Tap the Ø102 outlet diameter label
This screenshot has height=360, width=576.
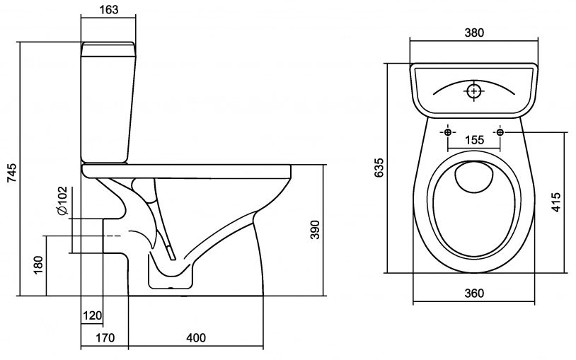[x=62, y=201]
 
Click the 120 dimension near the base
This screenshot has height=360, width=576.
[x=93, y=315]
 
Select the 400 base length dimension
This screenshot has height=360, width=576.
[x=196, y=338]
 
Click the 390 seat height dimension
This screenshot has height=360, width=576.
[x=316, y=231]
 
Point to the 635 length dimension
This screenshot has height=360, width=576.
[x=378, y=168]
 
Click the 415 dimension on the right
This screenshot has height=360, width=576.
[x=556, y=203]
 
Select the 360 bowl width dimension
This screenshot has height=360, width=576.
[x=473, y=294]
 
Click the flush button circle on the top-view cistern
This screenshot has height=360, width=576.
[x=473, y=91]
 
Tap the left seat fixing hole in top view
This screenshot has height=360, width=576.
[x=448, y=132]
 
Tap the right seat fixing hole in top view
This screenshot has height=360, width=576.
[x=500, y=132]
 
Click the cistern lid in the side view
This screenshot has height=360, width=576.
[x=108, y=48]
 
